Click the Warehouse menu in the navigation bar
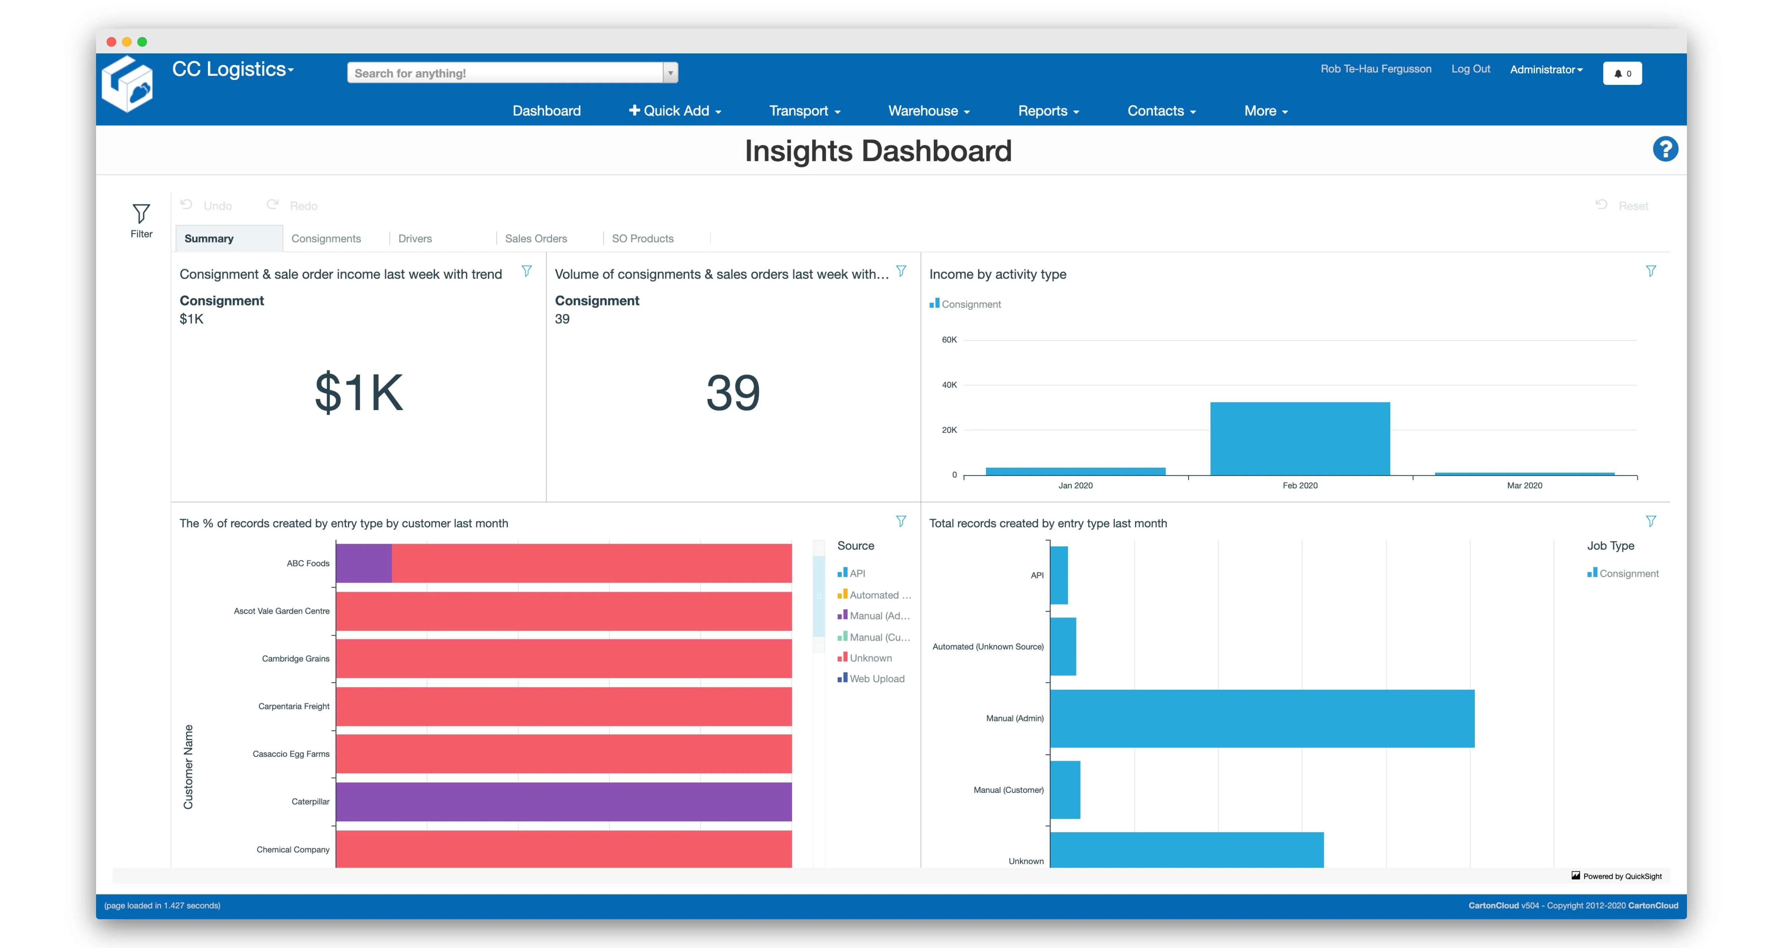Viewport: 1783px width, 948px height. pyautogui.click(x=928, y=111)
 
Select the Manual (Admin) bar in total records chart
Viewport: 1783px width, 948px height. pyautogui.click(x=1261, y=718)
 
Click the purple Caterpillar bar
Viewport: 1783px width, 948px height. pyautogui.click(x=563, y=801)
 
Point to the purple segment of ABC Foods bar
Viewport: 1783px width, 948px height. pyautogui.click(x=364, y=563)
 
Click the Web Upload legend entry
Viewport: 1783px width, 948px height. pyautogui.click(x=876, y=679)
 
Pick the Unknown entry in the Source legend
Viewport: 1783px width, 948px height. pyautogui.click(x=870, y=658)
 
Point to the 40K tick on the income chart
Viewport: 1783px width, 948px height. pyautogui.click(x=949, y=385)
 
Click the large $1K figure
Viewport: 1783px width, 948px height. pyautogui.click(x=359, y=392)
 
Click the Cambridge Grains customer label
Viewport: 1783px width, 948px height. pyautogui.click(x=296, y=659)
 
